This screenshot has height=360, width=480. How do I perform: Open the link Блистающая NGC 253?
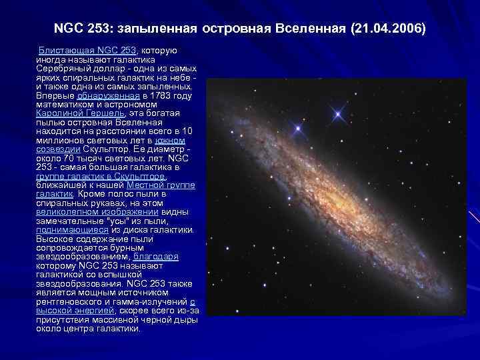tap(87, 51)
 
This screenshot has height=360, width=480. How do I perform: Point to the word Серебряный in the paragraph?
tap(63, 69)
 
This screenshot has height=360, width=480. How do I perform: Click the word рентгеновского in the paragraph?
tap(71, 301)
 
